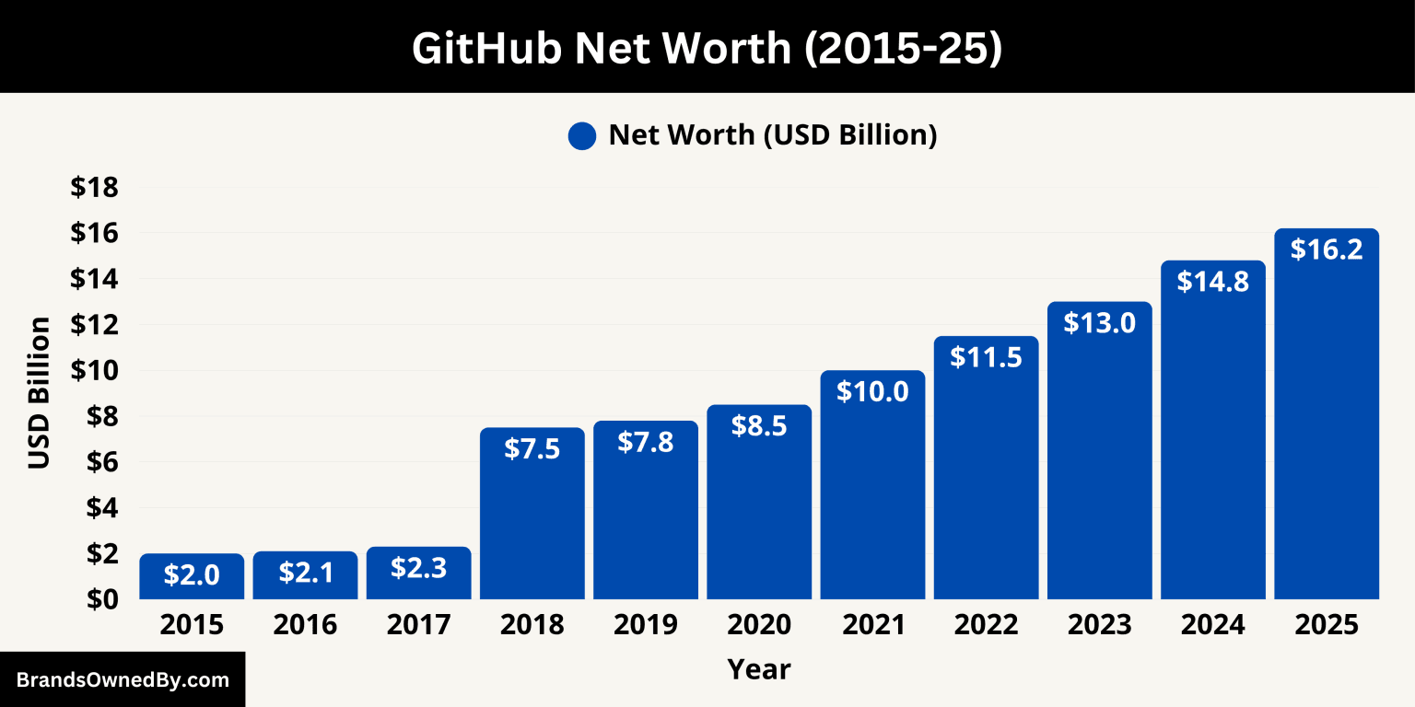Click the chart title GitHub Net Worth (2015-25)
[707, 48]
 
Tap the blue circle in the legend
[582, 136]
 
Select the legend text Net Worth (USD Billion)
[772, 135]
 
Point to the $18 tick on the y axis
[95, 188]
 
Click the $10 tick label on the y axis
[95, 370]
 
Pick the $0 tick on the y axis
[100, 598]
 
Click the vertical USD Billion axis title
[39, 393]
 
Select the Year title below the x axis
[759, 669]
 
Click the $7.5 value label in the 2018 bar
[532, 448]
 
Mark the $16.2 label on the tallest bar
[1327, 249]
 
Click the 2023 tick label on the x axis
[1099, 625]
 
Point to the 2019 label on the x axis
[646, 625]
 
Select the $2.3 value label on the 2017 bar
[418, 568]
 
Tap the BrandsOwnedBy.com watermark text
[123, 680]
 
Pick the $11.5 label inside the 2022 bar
[986, 357]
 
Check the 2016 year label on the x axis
[305, 625]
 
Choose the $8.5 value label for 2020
[759, 426]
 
